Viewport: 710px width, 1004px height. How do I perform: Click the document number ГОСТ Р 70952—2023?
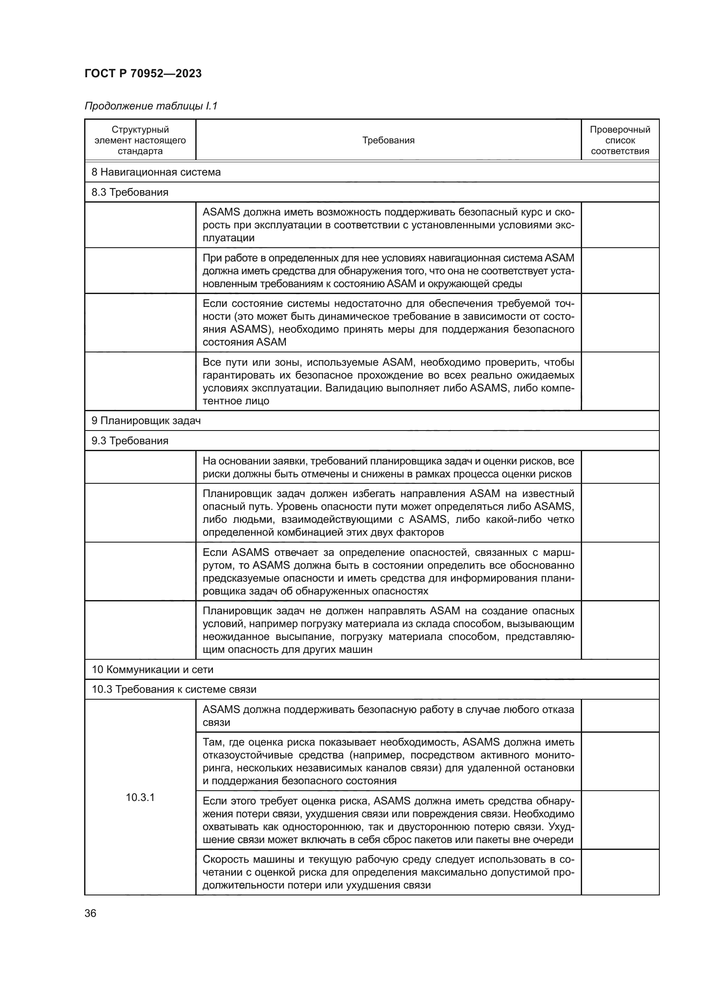(143, 73)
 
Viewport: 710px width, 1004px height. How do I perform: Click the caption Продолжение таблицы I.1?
(151, 106)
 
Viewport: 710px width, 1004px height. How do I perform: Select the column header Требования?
(388, 140)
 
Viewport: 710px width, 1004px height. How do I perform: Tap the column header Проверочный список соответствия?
(619, 140)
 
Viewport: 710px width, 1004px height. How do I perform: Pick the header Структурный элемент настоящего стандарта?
(140, 140)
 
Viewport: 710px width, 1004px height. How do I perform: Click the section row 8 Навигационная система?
(156, 172)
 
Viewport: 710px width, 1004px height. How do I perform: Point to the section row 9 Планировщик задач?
(146, 421)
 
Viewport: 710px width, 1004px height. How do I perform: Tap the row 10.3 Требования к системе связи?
(173, 690)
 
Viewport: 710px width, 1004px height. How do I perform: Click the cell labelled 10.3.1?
(140, 797)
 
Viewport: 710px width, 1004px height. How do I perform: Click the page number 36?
(91, 913)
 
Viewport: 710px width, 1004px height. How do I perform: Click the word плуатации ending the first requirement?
(228, 238)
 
